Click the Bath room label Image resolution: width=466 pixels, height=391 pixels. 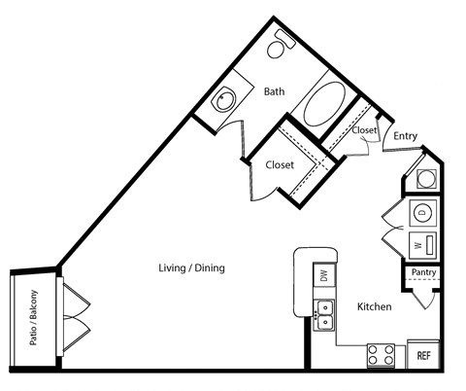click(274, 92)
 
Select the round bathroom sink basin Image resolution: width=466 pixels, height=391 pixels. click(225, 99)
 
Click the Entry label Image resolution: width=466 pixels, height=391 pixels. click(405, 136)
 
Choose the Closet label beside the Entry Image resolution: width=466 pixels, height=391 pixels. click(364, 129)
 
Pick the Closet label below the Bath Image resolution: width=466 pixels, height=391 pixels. click(280, 165)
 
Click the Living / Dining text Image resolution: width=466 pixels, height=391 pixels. click(192, 267)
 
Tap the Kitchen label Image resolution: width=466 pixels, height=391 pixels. click(374, 306)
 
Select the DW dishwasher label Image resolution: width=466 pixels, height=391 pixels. click(323, 276)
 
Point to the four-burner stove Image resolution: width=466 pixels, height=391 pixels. click(380, 355)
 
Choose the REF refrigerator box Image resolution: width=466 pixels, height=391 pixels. click(423, 355)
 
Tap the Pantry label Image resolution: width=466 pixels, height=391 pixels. click(423, 273)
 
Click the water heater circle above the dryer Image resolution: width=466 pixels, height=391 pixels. click(425, 179)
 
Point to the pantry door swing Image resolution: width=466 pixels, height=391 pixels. click(422, 296)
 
